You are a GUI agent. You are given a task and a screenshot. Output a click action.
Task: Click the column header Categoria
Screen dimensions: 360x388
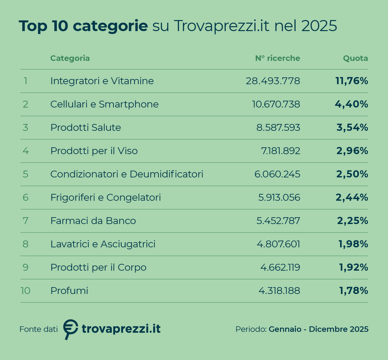pos(70,58)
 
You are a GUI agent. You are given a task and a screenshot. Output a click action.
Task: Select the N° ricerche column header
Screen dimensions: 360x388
pos(277,58)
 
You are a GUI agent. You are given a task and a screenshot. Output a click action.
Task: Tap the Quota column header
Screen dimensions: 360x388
pos(355,58)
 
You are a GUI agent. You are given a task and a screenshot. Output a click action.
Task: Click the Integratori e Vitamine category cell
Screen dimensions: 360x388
pos(102,81)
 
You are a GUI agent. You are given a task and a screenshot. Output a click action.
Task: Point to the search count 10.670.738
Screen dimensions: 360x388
pos(276,104)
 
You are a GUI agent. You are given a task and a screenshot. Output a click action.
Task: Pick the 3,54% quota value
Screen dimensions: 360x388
pos(352,128)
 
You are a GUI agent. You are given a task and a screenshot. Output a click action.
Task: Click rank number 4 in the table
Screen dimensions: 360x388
pos(26,151)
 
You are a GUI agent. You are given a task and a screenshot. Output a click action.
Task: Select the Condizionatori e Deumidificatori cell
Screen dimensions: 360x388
pos(127,174)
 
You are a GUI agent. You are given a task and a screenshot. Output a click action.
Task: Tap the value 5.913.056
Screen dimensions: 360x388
pos(279,197)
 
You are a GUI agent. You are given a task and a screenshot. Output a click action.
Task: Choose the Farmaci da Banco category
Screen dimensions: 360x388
pos(93,221)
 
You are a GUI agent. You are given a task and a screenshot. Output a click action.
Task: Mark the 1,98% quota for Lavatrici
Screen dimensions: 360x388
pos(353,244)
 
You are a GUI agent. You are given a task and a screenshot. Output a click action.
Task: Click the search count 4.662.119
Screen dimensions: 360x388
pos(280,267)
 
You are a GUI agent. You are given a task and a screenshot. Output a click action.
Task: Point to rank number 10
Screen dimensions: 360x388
pos(25,291)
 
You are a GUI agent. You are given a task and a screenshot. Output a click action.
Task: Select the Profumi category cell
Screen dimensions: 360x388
pos(69,291)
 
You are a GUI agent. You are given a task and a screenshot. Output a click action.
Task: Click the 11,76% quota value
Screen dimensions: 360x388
pos(351,81)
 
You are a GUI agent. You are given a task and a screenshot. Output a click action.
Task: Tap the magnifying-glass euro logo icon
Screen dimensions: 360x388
pos(70,328)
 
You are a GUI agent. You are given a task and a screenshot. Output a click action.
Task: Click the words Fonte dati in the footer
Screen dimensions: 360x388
pos(38,329)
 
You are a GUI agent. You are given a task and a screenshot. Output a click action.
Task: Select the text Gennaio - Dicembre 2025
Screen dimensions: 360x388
pos(318,329)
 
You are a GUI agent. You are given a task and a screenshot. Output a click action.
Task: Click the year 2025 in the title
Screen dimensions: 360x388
pos(319,26)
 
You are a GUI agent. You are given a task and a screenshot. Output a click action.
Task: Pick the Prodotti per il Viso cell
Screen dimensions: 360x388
pos(94,151)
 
